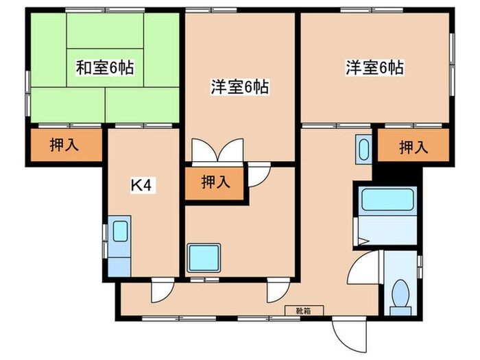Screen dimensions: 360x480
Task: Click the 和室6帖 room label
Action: (104, 67)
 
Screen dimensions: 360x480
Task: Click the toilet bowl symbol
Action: (400, 293)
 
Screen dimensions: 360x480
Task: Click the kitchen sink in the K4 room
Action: (121, 230)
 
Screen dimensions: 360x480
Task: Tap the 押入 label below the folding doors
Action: (215, 182)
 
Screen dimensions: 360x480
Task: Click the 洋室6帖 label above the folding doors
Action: (239, 86)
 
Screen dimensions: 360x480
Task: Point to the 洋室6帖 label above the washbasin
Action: (374, 67)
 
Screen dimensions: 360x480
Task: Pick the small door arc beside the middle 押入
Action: (257, 176)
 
